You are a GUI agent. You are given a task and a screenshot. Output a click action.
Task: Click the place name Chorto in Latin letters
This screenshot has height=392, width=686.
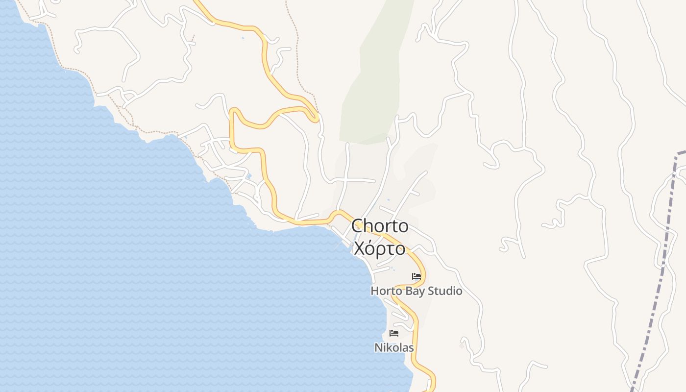(380, 226)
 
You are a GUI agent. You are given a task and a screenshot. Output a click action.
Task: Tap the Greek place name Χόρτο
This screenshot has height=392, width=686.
(380, 249)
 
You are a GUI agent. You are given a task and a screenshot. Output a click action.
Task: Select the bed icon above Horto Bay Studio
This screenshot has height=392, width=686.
(416, 276)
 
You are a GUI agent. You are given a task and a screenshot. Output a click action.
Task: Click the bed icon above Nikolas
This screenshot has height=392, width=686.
(394, 333)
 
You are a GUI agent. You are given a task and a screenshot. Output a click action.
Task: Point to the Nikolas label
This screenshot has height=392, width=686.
(394, 348)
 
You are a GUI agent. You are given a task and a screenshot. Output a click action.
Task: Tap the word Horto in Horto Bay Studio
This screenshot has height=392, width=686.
(384, 291)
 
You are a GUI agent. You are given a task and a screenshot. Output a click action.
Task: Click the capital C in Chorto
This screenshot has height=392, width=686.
(357, 226)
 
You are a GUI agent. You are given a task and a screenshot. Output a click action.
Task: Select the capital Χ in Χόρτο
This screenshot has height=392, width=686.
(359, 249)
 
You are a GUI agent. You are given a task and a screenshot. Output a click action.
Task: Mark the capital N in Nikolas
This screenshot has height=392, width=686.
(378, 348)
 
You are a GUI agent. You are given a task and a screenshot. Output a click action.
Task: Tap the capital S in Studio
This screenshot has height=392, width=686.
(431, 291)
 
